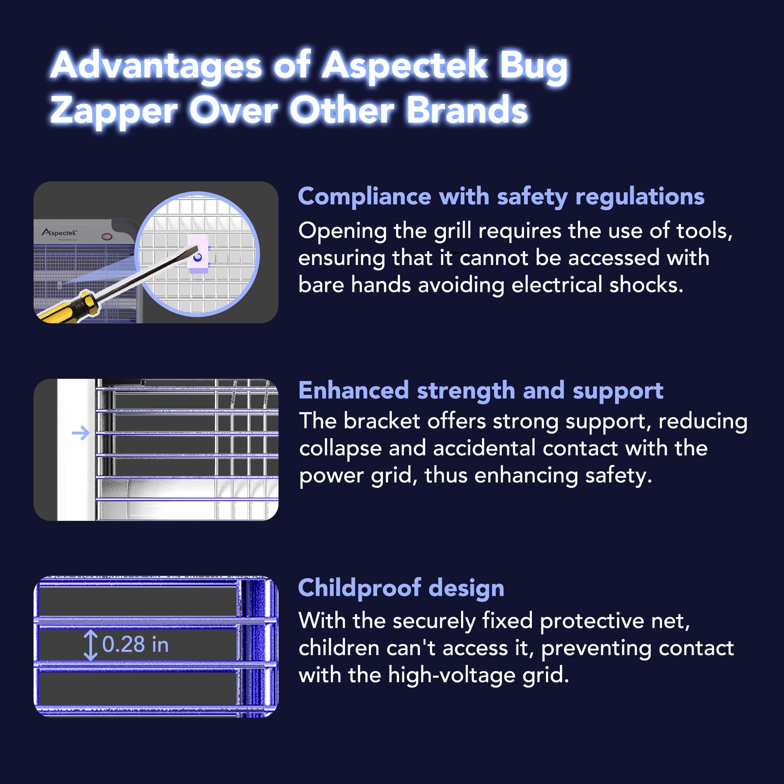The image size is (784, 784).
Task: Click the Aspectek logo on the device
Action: [59, 232]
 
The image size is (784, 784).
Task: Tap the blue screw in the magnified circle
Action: [198, 257]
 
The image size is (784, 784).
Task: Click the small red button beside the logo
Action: [107, 236]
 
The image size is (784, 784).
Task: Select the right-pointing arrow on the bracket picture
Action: [80, 433]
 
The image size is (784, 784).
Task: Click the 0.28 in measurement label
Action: [135, 644]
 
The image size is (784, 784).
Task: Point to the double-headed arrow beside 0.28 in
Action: [90, 645]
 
